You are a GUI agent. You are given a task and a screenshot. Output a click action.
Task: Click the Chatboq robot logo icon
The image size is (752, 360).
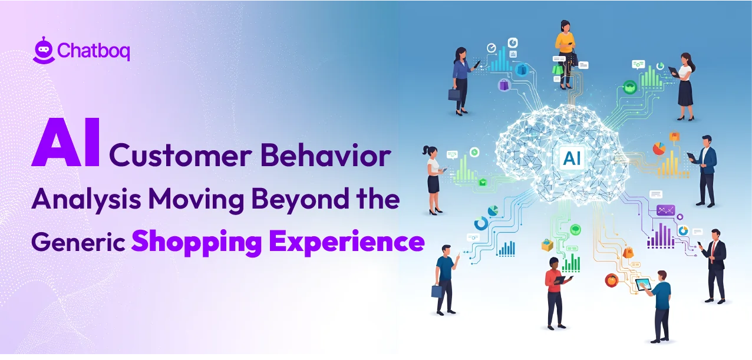coord(43,50)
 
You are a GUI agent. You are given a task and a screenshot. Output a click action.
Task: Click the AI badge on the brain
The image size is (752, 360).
coord(572,157)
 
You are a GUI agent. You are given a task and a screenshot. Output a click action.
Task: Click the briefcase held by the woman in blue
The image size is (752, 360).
coord(453,94)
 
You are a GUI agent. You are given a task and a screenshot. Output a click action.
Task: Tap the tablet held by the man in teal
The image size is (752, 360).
coord(643,283)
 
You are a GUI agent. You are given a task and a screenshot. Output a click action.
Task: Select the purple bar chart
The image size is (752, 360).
coord(661,235)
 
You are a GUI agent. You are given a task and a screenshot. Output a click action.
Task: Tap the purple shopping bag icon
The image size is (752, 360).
coord(504,85)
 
